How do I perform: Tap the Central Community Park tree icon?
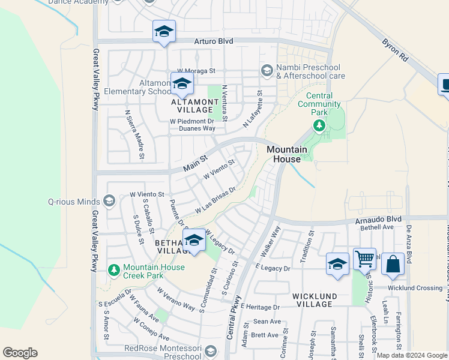click(319, 126)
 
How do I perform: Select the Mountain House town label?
click(287, 154)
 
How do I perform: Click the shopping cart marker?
click(364, 260)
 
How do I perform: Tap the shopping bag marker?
click(393, 264)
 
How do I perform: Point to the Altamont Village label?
click(192, 106)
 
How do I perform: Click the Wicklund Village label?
click(313, 300)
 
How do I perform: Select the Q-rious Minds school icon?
click(109, 200)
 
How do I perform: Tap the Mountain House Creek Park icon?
click(113, 270)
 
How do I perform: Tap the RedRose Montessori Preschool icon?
click(210, 351)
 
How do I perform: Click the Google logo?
click(20, 353)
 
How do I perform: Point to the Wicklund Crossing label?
click(415, 288)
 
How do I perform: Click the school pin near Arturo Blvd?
click(163, 32)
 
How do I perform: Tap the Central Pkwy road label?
click(234, 317)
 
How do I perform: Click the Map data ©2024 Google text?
click(412, 355)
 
